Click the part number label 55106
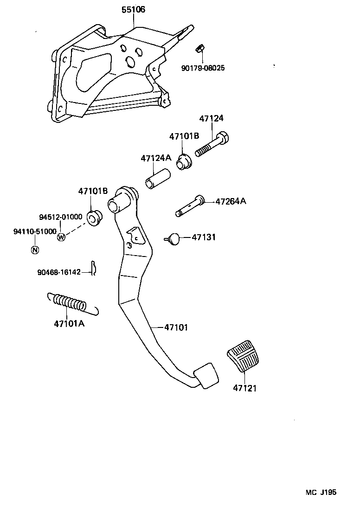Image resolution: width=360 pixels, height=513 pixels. pos(133,10)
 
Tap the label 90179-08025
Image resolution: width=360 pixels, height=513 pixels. pos(203,68)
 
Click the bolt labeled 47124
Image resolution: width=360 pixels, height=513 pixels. pos(213,144)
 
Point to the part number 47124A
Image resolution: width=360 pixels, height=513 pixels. pos(156,158)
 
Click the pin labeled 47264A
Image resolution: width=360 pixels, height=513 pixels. pos(190,206)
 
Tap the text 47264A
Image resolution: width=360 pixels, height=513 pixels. pos(231,201)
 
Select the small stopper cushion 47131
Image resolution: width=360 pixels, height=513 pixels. pos(174,238)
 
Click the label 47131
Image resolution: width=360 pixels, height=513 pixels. pos(204,237)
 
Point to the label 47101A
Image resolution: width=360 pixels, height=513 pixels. pos(69,323)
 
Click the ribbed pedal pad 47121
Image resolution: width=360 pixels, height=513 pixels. pos(244,356)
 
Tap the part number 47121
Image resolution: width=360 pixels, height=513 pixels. pos(244,388)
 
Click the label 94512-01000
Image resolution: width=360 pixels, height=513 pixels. pos(60,217)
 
